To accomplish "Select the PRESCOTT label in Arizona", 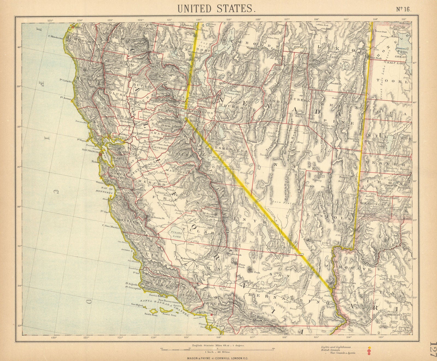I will coord(392,315).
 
